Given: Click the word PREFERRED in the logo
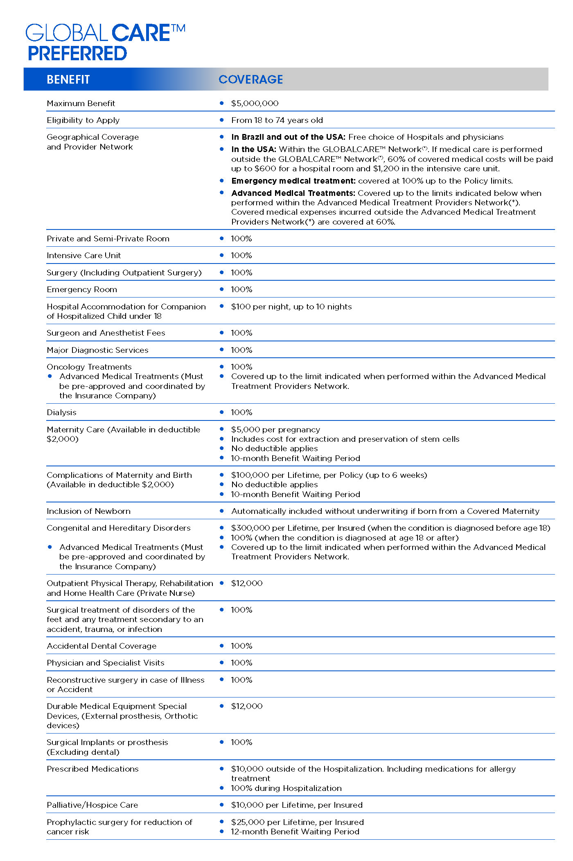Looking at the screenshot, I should [x=77, y=54].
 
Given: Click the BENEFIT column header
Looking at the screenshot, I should [x=68, y=80].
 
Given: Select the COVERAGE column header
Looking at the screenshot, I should [x=250, y=80].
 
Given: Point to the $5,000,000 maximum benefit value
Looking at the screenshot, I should [x=255, y=103].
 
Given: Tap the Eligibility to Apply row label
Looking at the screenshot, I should [x=83, y=120].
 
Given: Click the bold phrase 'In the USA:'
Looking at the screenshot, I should [x=254, y=149].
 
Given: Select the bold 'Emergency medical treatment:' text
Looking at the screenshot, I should [x=293, y=181].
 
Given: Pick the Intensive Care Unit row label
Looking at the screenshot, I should [x=83, y=255].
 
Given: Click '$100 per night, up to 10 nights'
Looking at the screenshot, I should [x=291, y=307].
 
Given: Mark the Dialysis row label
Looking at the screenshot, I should [x=61, y=412].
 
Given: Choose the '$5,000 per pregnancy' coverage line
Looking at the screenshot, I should [x=275, y=429].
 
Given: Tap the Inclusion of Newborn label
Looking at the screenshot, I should [x=88, y=511].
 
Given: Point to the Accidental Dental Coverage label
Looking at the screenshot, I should [x=102, y=646].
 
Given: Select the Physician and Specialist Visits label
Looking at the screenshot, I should [x=105, y=663].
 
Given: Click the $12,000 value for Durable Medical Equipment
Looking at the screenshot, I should [x=247, y=706].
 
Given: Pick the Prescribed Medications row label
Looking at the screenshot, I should [x=92, y=769].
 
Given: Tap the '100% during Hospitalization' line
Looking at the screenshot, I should [x=286, y=788].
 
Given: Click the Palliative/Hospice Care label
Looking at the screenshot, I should [x=92, y=805].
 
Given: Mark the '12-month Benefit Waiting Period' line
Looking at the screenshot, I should [x=295, y=831].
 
